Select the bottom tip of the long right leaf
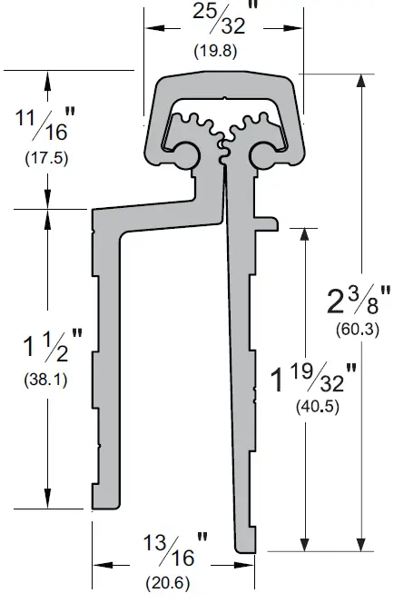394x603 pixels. click(x=247, y=547)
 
